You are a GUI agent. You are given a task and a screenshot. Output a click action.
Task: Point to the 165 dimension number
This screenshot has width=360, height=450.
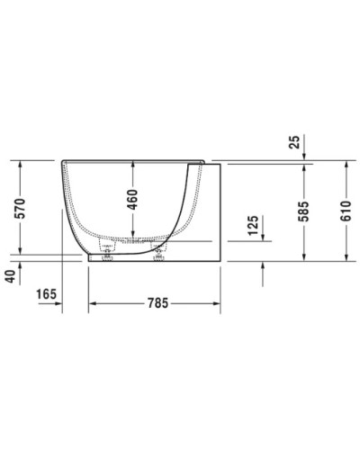point(48,293)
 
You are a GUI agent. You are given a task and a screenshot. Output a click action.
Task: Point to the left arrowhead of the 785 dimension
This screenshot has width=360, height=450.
point(92,305)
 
